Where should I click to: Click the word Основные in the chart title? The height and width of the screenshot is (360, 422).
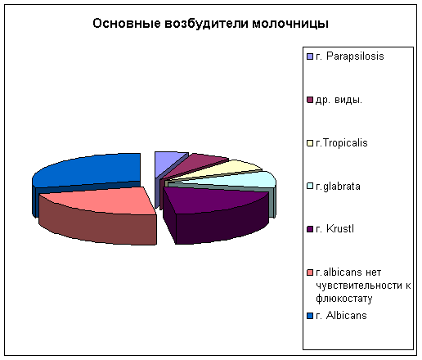tap(127, 24)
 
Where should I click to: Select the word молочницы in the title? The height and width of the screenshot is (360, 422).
tap(290, 24)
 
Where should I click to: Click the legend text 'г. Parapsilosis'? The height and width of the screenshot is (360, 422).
tap(350, 56)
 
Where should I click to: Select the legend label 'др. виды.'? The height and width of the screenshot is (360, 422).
tap(339, 100)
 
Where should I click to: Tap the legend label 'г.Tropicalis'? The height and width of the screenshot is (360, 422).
tap(342, 143)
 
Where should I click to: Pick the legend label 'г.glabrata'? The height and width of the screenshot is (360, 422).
tap(338, 187)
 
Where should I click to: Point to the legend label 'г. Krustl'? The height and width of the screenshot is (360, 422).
tap(334, 229)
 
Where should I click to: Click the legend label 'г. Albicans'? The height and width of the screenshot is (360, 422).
tap(341, 316)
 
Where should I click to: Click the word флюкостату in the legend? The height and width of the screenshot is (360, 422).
tap(344, 299)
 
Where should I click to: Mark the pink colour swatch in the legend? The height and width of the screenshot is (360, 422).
tap(310, 272)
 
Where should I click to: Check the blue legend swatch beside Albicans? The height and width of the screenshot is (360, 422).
tap(310, 316)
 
